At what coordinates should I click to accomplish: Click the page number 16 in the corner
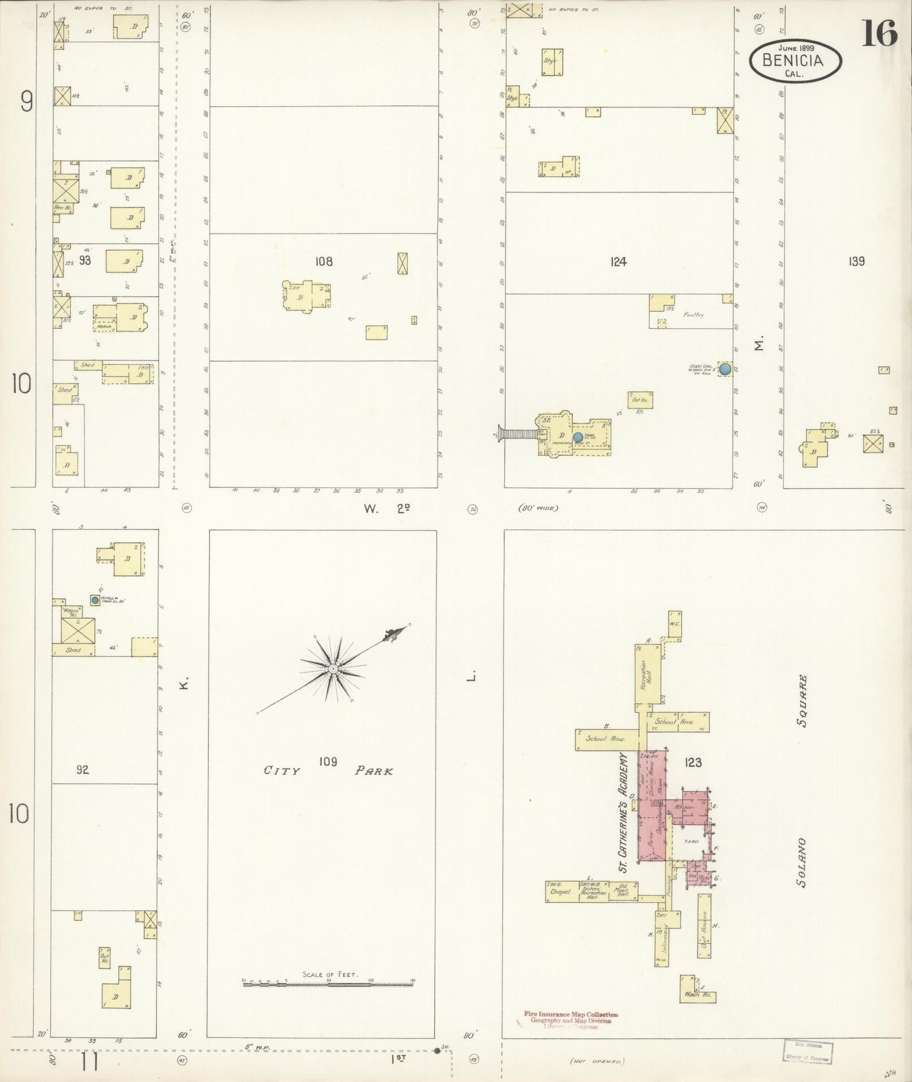(x=879, y=33)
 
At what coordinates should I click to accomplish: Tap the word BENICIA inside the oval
(x=793, y=61)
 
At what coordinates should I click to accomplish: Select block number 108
(x=324, y=261)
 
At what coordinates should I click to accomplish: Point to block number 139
(x=856, y=261)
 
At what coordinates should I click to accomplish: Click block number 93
(x=85, y=259)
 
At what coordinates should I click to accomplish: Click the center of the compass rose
(x=332, y=668)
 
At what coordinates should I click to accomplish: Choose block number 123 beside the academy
(x=692, y=763)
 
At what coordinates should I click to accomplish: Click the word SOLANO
(x=802, y=863)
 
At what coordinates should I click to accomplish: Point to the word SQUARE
(x=802, y=701)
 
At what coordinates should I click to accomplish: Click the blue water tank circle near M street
(x=725, y=369)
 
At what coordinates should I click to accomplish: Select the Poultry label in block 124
(x=693, y=314)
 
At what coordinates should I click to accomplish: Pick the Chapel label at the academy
(x=560, y=892)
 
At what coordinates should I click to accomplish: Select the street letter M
(x=759, y=344)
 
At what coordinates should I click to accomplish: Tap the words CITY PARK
(x=328, y=770)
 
